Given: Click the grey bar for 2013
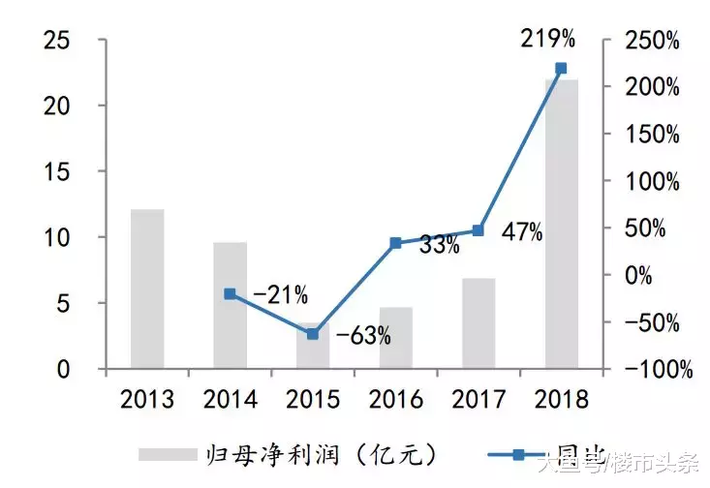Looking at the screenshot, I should click(147, 289).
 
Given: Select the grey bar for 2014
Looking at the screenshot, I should click(230, 305).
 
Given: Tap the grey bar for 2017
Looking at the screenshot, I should click(478, 323).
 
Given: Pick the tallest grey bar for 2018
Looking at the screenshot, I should click(561, 224).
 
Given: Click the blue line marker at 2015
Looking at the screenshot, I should click(312, 334).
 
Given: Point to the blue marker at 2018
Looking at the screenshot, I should click(561, 69).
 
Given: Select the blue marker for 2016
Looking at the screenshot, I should click(395, 243).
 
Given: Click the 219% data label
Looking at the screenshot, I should click(549, 40).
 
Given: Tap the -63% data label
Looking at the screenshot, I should click(363, 336).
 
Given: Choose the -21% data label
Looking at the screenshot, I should click(280, 293).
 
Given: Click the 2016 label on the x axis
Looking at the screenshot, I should click(395, 398).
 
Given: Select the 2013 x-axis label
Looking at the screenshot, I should click(147, 398).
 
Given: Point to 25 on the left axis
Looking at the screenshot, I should click(58, 41).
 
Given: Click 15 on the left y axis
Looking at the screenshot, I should click(58, 171).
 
